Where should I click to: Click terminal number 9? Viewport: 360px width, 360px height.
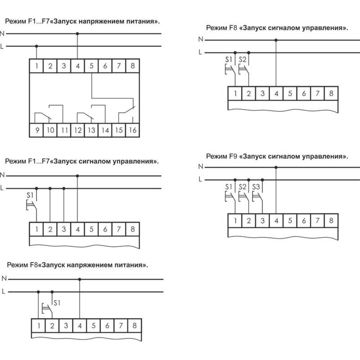(x=36, y=130)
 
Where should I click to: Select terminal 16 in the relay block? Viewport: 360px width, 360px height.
(x=133, y=130)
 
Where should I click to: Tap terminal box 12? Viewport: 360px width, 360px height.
(x=78, y=130)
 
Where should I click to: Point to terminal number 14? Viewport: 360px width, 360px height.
(x=105, y=130)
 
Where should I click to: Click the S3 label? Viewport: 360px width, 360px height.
(x=256, y=187)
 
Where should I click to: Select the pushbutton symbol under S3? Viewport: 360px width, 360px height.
(x=257, y=197)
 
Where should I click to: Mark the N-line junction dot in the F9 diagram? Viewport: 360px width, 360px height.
(x=276, y=167)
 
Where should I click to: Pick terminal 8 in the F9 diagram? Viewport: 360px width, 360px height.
(x=331, y=221)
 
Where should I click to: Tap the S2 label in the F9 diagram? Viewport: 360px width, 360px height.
(x=242, y=187)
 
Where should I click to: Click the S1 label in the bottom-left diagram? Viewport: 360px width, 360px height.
(x=57, y=303)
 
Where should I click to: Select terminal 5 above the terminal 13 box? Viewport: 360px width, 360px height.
(x=91, y=66)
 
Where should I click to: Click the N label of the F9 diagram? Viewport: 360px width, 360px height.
(x=201, y=166)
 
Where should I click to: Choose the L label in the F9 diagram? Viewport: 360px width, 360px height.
(x=200, y=179)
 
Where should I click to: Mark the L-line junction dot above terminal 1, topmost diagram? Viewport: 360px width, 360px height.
(x=36, y=46)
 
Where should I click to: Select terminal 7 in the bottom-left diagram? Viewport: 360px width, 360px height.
(x=121, y=325)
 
